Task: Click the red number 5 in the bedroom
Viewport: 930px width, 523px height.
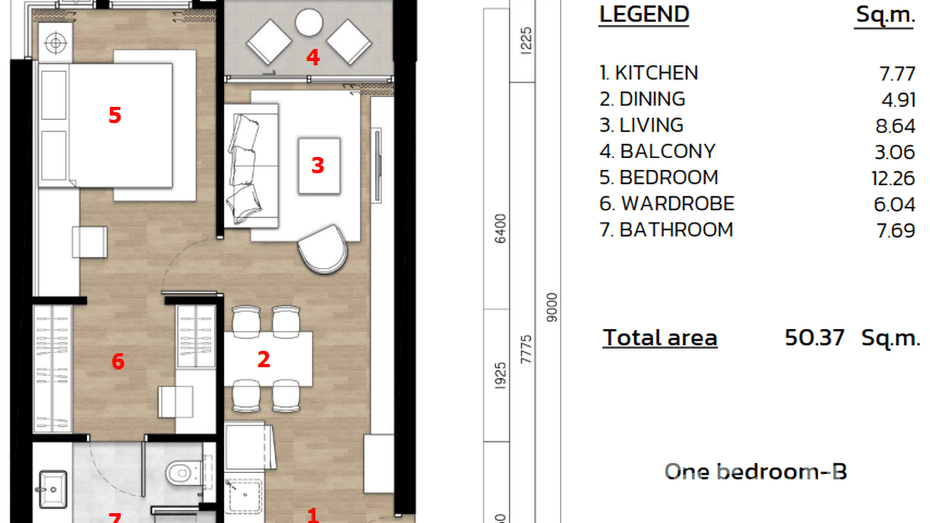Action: (x=114, y=114)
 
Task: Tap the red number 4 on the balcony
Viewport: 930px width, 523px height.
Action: (x=313, y=57)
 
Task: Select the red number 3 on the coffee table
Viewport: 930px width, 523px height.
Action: (x=317, y=165)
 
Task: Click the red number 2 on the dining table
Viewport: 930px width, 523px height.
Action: (x=263, y=359)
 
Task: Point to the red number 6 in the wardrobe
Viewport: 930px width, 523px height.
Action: (x=118, y=361)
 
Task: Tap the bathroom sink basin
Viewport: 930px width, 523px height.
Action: (x=53, y=486)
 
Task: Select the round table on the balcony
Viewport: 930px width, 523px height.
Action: (x=309, y=23)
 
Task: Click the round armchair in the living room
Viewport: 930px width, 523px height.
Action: (x=323, y=248)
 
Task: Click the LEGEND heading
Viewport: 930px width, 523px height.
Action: (x=644, y=15)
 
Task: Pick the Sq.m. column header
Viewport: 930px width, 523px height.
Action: (x=885, y=15)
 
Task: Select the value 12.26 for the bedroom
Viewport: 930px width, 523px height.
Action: (x=893, y=178)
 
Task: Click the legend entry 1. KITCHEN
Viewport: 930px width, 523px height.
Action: (x=649, y=73)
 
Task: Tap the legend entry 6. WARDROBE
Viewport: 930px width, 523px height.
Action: (x=667, y=204)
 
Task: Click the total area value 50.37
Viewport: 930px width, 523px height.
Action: (x=814, y=338)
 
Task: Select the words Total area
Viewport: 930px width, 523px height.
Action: (x=660, y=338)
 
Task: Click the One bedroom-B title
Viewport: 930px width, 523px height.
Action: (x=755, y=472)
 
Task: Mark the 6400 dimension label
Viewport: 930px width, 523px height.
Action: (x=501, y=228)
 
